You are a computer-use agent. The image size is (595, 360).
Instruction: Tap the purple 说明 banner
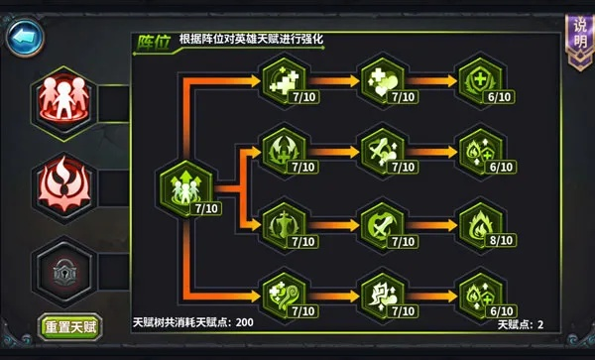577,40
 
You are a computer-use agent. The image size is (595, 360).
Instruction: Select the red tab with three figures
64,97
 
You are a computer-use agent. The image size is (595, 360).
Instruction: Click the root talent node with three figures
186,185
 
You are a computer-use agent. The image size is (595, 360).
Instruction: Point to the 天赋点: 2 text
521,324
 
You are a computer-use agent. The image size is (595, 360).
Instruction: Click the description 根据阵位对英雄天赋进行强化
252,40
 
